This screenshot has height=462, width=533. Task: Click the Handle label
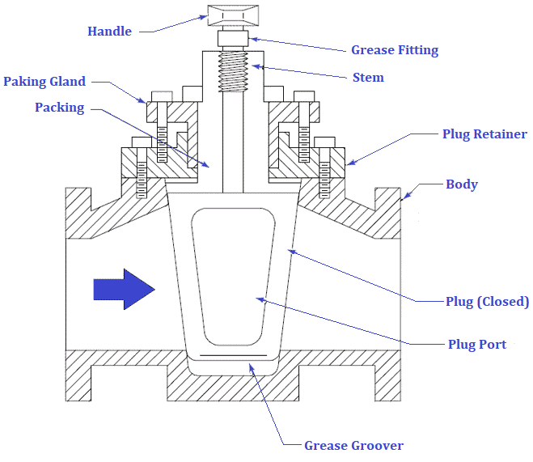[109, 32]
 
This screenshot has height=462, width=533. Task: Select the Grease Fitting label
[394, 50]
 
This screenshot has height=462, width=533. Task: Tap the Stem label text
[368, 78]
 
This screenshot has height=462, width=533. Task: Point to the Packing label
[59, 108]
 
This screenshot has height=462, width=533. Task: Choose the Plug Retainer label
[484, 134]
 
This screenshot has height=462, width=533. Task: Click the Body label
[462, 184]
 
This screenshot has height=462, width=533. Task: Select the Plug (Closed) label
[487, 302]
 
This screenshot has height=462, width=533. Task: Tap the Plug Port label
[477, 345]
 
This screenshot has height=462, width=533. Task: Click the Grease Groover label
[353, 445]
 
